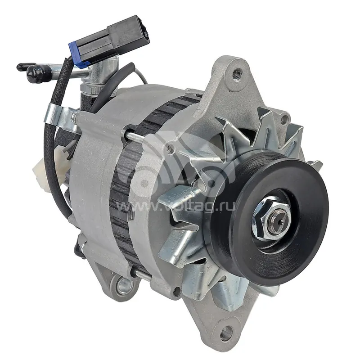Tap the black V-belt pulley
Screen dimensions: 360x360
(266, 218)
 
